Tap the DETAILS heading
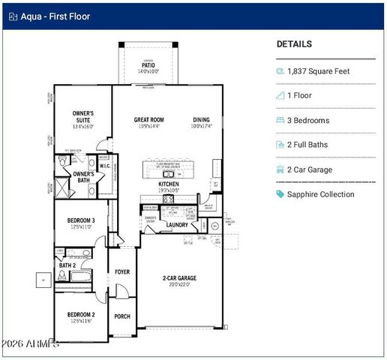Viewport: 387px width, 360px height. [x=294, y=44]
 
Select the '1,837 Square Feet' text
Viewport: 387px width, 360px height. [x=318, y=71]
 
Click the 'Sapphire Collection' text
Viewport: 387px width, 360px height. [x=320, y=194]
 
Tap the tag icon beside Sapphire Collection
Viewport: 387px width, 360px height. [x=280, y=194]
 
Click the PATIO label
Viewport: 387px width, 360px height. [x=149, y=65]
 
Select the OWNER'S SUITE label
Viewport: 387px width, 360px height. [x=82, y=116]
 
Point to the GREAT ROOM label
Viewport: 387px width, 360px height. [x=148, y=119]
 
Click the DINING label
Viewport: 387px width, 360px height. [x=201, y=119]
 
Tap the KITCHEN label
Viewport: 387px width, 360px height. [x=168, y=184]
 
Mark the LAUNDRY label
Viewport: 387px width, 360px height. [x=177, y=224]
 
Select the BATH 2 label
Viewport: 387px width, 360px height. [x=67, y=265]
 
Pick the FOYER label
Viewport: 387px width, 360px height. [x=122, y=273]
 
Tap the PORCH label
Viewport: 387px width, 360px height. [x=121, y=316]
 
